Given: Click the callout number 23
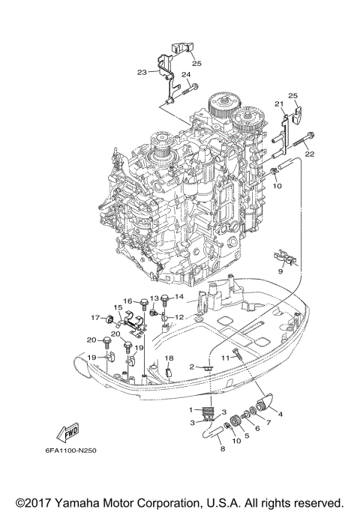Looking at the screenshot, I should [x=141, y=73].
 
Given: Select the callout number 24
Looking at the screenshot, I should [x=185, y=75].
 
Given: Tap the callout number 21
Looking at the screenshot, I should [x=277, y=103].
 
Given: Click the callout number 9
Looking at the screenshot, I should [x=281, y=274].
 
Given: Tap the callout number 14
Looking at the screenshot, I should [x=178, y=298].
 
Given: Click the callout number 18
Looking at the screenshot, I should [x=169, y=358].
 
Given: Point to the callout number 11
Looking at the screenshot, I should [x=225, y=358].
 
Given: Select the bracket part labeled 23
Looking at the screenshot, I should [x=163, y=75].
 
